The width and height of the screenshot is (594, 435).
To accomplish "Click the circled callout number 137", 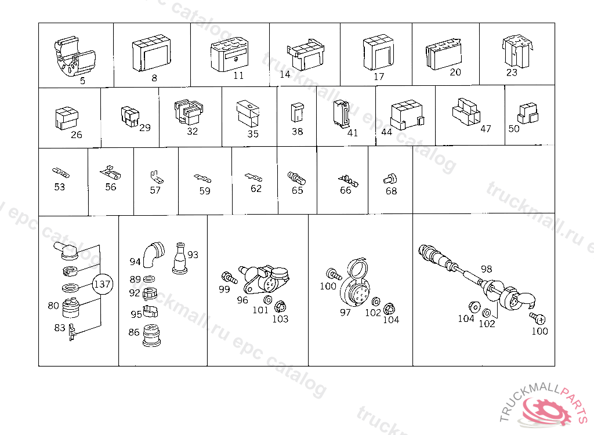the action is click(x=102, y=284).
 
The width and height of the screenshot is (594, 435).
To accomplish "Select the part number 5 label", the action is click(x=82, y=81).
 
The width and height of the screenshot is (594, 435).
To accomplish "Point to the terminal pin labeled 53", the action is click(x=60, y=173).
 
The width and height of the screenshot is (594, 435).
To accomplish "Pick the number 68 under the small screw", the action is click(x=392, y=191).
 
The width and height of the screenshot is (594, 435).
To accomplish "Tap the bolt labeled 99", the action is click(x=229, y=277).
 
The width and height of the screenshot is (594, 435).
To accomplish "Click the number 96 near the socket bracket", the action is click(x=242, y=300).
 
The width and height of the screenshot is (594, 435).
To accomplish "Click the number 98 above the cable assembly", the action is click(x=487, y=269).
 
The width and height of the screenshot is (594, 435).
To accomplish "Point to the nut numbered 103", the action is click(x=280, y=306).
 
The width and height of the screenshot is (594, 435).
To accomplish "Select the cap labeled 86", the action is click(x=151, y=335).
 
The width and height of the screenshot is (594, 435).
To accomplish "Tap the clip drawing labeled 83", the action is click(x=73, y=332).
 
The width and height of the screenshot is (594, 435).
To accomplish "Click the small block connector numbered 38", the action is click(x=297, y=113).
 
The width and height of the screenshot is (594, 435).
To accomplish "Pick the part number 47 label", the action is click(x=486, y=129).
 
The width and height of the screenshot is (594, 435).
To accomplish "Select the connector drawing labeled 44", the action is click(x=407, y=114).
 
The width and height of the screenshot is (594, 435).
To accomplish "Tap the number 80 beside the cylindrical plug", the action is click(x=53, y=306).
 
